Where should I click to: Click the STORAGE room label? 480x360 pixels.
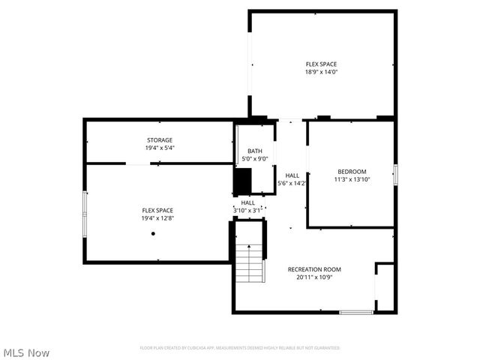[x=159, y=140]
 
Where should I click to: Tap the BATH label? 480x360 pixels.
[x=254, y=151]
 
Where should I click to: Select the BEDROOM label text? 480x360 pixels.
[x=352, y=171]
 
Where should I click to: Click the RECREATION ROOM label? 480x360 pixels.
[x=314, y=269]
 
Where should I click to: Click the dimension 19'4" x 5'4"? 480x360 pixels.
[x=159, y=148]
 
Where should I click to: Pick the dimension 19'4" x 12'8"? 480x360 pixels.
[x=158, y=218]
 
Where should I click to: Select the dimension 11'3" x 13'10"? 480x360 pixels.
[x=352, y=179]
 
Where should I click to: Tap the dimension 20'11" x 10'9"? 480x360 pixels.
[x=314, y=277]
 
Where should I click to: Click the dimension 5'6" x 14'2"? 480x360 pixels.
[x=292, y=183]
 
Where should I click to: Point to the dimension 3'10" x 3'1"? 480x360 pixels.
[x=247, y=210]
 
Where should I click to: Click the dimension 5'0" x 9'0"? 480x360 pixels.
[x=254, y=158]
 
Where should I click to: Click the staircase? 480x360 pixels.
[x=250, y=263]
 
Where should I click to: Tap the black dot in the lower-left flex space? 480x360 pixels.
[x=153, y=233]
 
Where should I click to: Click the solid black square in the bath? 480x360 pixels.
[x=242, y=181]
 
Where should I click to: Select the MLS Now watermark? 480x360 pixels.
[x=27, y=352]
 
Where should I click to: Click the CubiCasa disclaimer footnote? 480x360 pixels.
[x=240, y=348]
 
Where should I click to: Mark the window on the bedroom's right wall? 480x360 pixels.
[x=395, y=174]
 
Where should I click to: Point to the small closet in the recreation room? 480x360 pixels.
[x=384, y=286]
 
